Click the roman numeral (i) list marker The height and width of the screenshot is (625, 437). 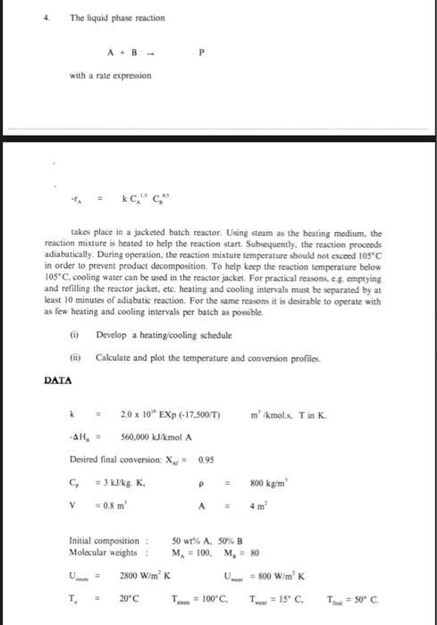[x=72, y=333]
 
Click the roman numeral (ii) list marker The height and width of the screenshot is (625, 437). [x=72, y=357]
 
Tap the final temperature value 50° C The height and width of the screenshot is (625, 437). [x=409, y=604]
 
